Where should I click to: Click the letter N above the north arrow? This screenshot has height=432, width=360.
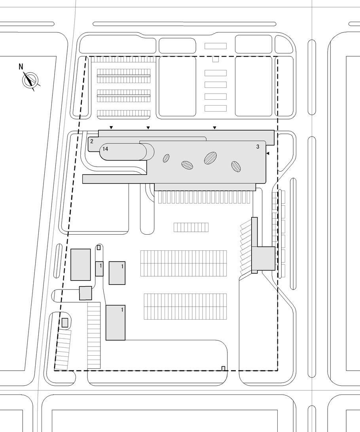pyautogui.click(x=21, y=66)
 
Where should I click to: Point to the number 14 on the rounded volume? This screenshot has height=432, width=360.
pyautogui.click(x=105, y=149)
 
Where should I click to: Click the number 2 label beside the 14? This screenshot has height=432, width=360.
pyautogui.click(x=92, y=142)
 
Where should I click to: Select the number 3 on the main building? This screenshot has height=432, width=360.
pyautogui.click(x=258, y=147)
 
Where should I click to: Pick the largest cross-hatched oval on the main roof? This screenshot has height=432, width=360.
pyautogui.click(x=211, y=157)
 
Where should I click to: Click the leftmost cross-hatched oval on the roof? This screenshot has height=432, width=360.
pyautogui.click(x=166, y=158)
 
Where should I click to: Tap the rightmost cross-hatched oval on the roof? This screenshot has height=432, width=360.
pyautogui.click(x=236, y=167)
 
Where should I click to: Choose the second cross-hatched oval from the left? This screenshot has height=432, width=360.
pyautogui.click(x=187, y=165)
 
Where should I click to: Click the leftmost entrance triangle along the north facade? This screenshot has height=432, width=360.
pyautogui.click(x=111, y=127)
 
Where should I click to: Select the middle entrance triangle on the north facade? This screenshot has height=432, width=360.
pyautogui.click(x=148, y=127)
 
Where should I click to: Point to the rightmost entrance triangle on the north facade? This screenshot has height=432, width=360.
pyautogui.click(x=214, y=127)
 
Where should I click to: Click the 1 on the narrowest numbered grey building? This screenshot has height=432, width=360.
pyautogui.click(x=101, y=265)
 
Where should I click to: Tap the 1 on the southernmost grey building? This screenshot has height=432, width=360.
pyautogui.click(x=122, y=310)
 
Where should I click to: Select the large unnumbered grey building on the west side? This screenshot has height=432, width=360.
pyautogui.click(x=81, y=265)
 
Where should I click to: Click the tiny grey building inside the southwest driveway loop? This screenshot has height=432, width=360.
pyautogui.click(x=65, y=323)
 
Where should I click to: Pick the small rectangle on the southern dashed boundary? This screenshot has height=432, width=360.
pyautogui.click(x=224, y=368)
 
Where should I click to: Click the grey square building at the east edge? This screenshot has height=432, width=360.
pyautogui.click(x=263, y=258)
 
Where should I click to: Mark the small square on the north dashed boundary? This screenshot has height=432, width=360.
pyautogui.click(x=216, y=59)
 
